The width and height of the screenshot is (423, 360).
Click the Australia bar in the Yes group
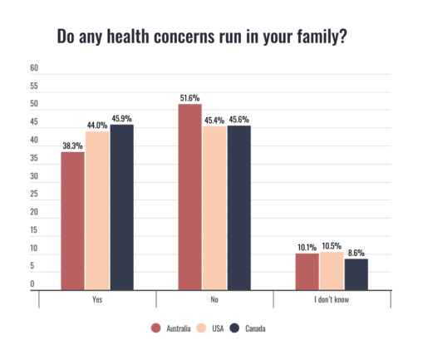tap(72, 220)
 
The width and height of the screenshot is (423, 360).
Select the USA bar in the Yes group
tap(97, 210)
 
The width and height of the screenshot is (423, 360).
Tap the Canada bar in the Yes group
tap(121, 207)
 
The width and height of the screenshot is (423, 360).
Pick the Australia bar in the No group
tap(190, 196)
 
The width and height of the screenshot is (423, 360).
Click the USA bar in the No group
tap(214, 208)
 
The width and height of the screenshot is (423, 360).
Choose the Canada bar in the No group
tap(239, 208)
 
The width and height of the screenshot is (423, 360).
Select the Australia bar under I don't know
tap(307, 271)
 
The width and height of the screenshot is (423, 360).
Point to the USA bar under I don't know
tap(332, 270)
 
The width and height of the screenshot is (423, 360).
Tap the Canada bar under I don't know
tap(356, 274)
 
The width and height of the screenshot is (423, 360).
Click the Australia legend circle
tap(155, 328)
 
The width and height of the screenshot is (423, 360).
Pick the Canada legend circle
tap(234, 328)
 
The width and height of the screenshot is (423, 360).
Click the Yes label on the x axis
tap(97, 298)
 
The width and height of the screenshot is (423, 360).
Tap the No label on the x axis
tap(214, 298)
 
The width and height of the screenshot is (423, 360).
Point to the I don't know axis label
tap(332, 298)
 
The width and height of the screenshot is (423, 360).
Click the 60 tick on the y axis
tap(34, 68)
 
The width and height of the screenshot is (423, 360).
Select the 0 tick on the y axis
tap(33, 284)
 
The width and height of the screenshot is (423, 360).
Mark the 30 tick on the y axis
tap(34, 176)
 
